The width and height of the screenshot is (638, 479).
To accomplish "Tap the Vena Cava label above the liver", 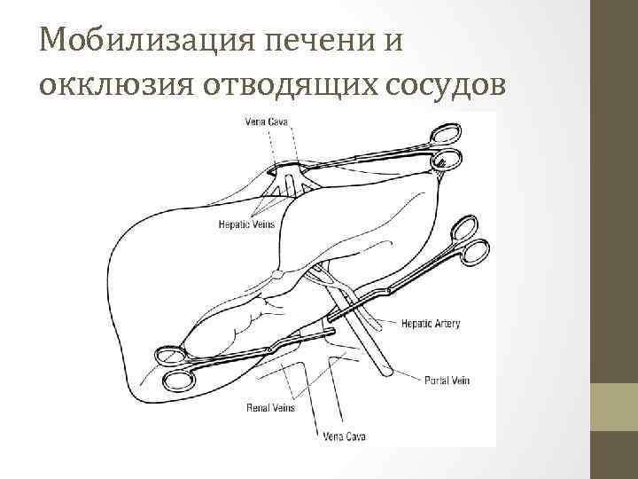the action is point(266,122).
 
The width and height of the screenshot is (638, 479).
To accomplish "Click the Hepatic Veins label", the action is point(246,224).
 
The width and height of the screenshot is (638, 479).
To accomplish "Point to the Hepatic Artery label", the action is point(431,324).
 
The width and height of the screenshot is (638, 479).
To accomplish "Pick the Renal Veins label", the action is point(270,408).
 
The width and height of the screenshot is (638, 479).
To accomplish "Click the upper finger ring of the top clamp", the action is point(445,135).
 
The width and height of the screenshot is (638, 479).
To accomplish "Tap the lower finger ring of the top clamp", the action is point(448,160).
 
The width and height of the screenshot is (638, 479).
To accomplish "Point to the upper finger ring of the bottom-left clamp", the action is point(170,357).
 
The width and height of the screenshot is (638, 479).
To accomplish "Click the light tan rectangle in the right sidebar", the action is point(614,406).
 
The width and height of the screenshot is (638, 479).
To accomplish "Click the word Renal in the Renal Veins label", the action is point(257,408).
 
